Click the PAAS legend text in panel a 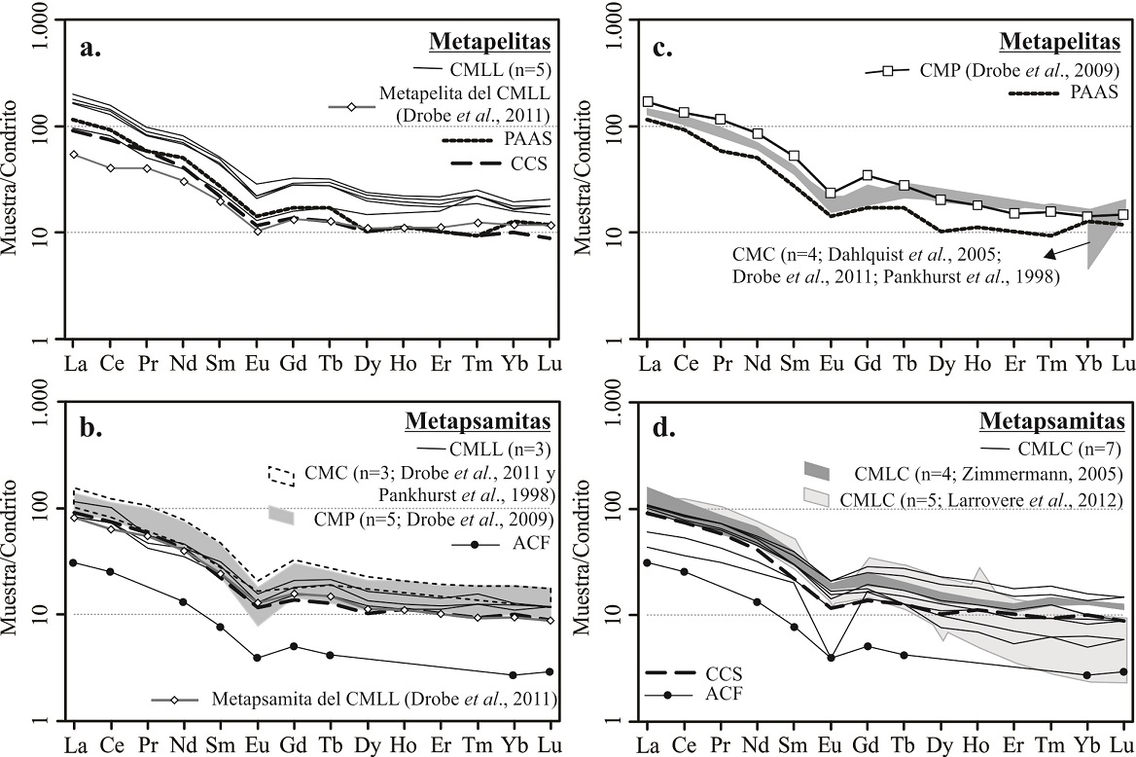pyautogui.click(x=529, y=139)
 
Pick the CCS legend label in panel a pyautogui.click(x=533, y=164)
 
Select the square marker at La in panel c pyautogui.click(x=648, y=101)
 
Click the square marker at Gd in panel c pyautogui.click(x=867, y=175)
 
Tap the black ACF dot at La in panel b pyautogui.click(x=73, y=562)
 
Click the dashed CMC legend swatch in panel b pyautogui.click(x=282, y=476)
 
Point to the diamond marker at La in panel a pyautogui.click(x=73, y=154)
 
